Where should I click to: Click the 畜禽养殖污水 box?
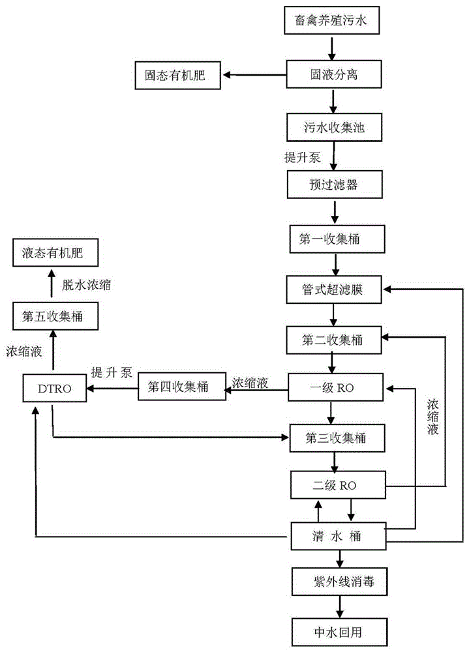coord(331,20)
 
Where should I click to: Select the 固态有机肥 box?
coord(177,75)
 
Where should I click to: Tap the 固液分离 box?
coord(334,74)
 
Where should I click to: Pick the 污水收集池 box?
coord(334,127)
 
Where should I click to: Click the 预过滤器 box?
coord(335,185)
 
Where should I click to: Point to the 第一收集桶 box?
coord(337,239)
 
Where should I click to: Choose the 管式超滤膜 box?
coord(334,289)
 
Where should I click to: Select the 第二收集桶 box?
coord(334,340)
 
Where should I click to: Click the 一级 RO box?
coord(335,387)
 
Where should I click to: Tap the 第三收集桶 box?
coord(337,438)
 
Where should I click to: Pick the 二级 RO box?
coord(338,485)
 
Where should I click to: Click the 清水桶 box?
coord(339,536)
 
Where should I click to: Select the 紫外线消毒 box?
coord(340,582)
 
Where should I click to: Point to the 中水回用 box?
coord(340,632)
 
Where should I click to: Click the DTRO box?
coord(55,389)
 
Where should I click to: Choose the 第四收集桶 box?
coord(182,387)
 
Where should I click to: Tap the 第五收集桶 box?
coord(55,316)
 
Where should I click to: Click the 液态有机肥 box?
coord(55,252)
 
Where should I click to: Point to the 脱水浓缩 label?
coord(87,285)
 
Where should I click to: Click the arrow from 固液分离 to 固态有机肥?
coord(254,75)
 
